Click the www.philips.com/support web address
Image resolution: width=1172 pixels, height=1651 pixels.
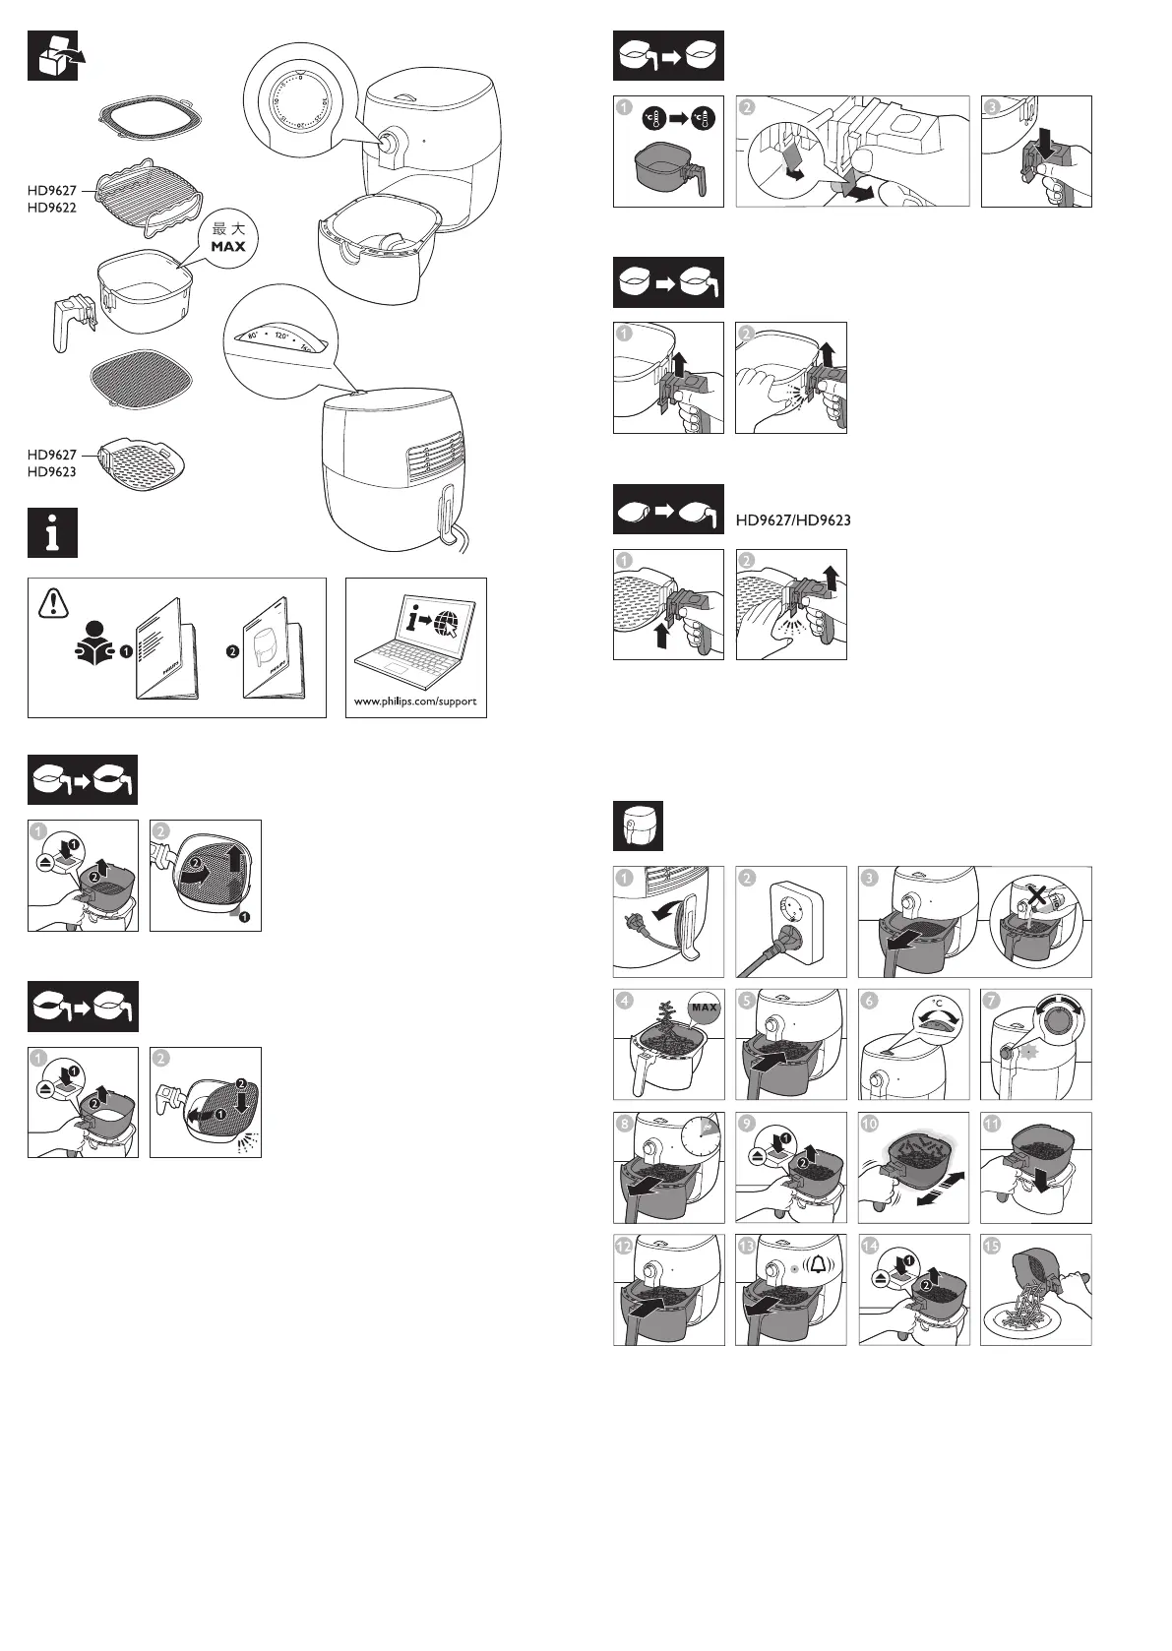[415, 702]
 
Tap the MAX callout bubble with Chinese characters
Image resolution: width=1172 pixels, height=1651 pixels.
[228, 237]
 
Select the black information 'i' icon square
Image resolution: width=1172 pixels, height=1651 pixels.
[52, 533]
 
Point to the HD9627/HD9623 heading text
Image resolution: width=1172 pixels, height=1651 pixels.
[793, 520]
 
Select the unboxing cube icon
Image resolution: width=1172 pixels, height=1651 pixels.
[52, 56]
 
